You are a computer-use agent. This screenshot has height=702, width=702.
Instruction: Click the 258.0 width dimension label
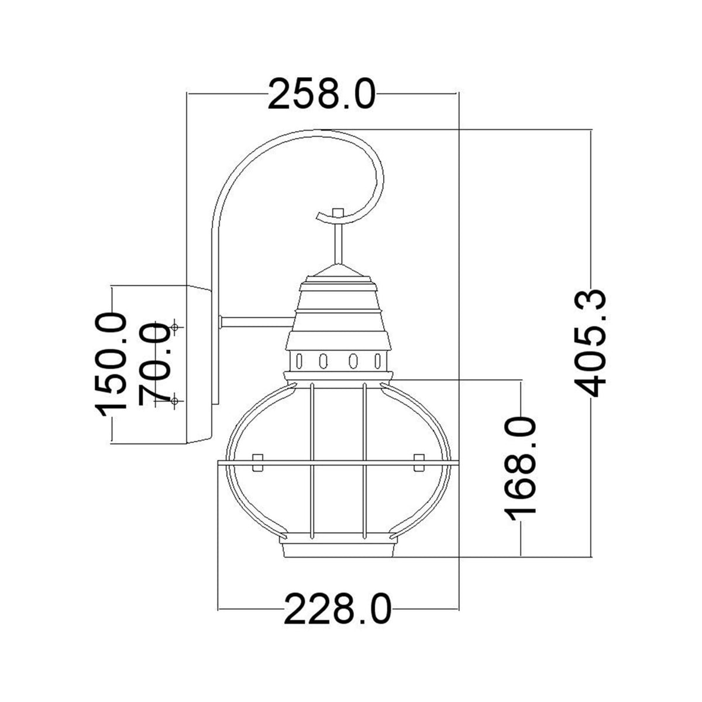tap(321, 94)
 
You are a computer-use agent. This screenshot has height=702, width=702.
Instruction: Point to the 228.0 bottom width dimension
tap(338, 609)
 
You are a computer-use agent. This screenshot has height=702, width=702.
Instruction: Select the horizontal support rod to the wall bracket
tap(256, 321)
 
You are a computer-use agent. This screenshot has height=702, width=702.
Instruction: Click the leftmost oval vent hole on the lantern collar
tap(300, 360)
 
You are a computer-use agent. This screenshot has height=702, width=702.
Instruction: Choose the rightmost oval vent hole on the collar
tap(378, 360)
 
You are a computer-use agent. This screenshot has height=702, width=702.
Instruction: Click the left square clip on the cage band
tap(256, 462)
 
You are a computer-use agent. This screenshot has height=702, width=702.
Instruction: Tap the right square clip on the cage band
tap(418, 462)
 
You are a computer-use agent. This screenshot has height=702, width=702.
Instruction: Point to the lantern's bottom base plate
tap(338, 550)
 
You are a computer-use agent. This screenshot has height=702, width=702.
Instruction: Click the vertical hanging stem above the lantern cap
tap(338, 243)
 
